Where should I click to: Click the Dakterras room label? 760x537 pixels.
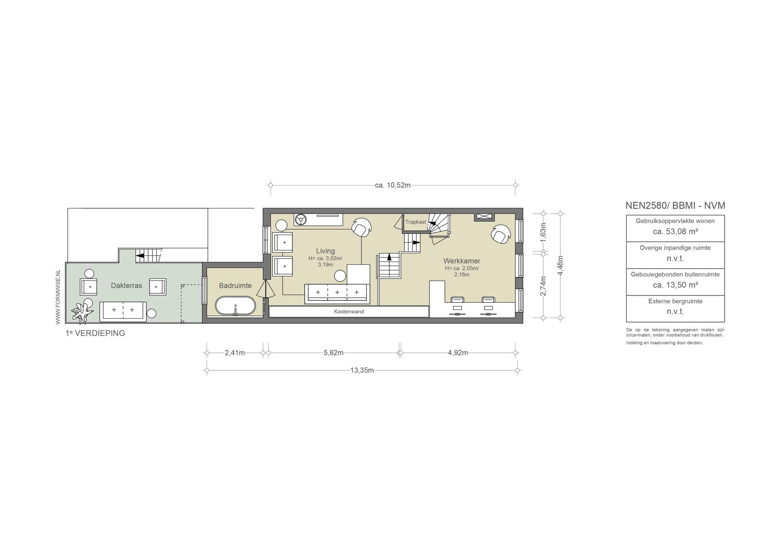(x=127, y=286)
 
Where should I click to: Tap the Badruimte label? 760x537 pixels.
(x=235, y=286)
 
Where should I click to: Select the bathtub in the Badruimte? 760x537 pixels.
(x=236, y=306)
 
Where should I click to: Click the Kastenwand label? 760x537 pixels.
(x=349, y=312)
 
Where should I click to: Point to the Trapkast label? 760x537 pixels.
(x=416, y=222)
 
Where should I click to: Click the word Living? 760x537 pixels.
(x=325, y=251)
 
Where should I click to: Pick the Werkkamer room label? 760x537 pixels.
(x=462, y=261)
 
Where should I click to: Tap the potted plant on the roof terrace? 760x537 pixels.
(x=82, y=312)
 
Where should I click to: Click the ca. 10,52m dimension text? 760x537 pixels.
(x=393, y=185)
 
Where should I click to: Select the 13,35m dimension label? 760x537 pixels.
(x=362, y=370)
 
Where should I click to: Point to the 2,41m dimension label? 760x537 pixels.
(x=235, y=353)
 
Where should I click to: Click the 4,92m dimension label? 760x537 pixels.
(x=458, y=353)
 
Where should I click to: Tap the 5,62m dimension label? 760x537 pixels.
(x=334, y=353)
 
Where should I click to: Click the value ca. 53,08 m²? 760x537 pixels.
(x=675, y=232)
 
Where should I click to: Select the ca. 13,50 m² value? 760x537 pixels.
(x=675, y=285)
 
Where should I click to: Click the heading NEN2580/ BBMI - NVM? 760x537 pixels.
(x=675, y=205)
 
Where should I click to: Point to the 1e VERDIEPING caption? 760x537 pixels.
(x=95, y=333)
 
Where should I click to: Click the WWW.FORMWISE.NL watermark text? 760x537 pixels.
(x=58, y=297)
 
